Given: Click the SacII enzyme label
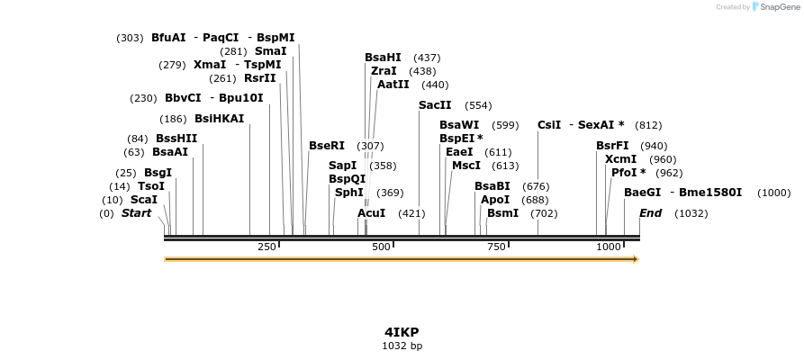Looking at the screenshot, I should (x=435, y=105).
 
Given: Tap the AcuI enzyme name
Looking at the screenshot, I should (x=371, y=213).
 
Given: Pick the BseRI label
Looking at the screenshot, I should (x=327, y=146).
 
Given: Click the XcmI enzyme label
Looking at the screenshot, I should (x=620, y=159).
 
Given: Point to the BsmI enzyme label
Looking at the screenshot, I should (x=502, y=213).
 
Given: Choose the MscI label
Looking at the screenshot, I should (x=466, y=166).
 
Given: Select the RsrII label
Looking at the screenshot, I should (x=260, y=78).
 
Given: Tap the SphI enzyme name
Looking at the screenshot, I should (x=349, y=193).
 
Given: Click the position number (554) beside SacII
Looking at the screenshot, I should (x=478, y=105).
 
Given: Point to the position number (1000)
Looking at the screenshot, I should (x=773, y=193).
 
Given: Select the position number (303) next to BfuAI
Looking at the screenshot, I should (x=130, y=38).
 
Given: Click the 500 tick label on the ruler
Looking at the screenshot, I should (x=380, y=247).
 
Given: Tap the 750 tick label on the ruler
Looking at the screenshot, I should (x=495, y=247).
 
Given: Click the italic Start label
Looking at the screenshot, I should (x=136, y=213).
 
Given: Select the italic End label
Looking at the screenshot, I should (x=650, y=213).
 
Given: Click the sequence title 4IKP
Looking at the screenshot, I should (x=402, y=331).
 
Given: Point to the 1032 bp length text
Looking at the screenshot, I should (x=402, y=346).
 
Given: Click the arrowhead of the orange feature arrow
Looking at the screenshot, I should (x=635, y=259).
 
